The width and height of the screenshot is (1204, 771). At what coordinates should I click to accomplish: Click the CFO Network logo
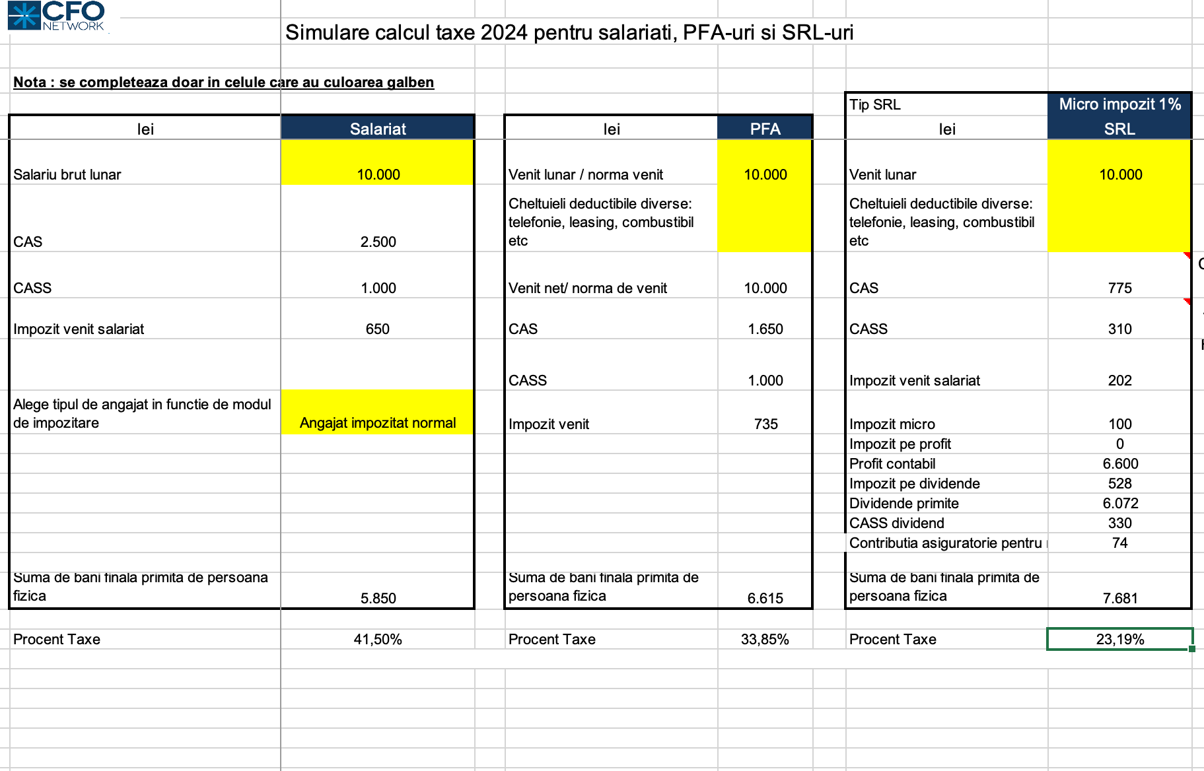click(x=57, y=16)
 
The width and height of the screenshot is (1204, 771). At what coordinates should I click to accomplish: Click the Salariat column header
click(x=378, y=129)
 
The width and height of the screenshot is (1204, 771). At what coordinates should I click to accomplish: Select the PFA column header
click(x=765, y=129)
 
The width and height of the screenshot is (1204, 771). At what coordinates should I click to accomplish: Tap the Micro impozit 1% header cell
click(x=1119, y=104)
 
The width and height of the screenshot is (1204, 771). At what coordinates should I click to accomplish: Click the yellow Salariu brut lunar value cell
click(x=378, y=174)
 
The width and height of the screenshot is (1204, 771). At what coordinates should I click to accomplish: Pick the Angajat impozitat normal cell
click(x=378, y=422)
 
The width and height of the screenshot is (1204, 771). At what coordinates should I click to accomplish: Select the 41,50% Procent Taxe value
click(x=378, y=639)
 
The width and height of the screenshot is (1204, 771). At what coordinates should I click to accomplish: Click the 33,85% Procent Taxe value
click(x=765, y=639)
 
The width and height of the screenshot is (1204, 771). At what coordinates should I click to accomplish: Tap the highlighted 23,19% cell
click(x=1119, y=639)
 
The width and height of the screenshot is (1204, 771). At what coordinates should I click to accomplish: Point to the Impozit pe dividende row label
click(x=914, y=483)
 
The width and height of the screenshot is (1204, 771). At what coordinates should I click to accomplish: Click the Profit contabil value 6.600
click(x=1120, y=463)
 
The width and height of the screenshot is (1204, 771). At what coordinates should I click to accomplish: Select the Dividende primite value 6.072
click(x=1120, y=503)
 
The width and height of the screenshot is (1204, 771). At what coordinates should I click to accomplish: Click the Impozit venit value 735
click(x=765, y=424)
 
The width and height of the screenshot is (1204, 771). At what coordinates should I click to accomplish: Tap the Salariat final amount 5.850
click(x=378, y=598)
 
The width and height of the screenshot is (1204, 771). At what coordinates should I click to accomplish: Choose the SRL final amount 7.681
click(x=1120, y=598)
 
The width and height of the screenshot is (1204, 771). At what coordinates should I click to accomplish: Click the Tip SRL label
click(x=874, y=104)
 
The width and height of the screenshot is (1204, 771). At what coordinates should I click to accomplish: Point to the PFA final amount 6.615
click(x=765, y=598)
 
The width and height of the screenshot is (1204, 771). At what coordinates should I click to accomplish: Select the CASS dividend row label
click(x=896, y=523)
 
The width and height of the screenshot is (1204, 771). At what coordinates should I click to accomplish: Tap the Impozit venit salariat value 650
click(x=378, y=329)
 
